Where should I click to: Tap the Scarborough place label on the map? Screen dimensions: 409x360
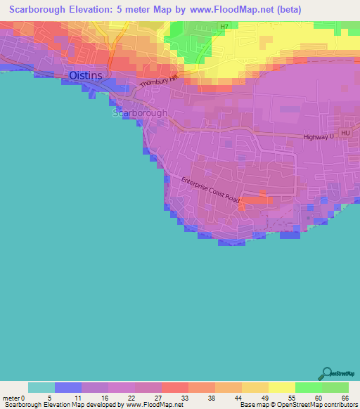141,112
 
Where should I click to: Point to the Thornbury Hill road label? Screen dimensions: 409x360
159,82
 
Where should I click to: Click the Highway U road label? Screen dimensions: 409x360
321,137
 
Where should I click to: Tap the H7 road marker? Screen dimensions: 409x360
224,27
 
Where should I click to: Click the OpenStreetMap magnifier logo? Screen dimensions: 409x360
327,372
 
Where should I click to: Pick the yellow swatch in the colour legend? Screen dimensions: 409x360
281,387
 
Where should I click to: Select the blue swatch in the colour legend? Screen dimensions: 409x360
68,387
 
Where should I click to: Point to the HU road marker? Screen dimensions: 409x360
345,133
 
